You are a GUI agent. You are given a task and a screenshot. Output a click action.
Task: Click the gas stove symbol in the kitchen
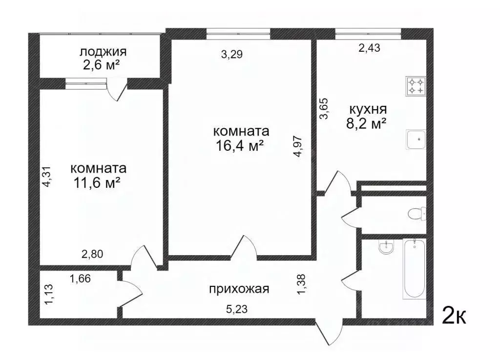point(415,86)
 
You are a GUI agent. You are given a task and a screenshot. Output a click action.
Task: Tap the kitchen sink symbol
point(416,140)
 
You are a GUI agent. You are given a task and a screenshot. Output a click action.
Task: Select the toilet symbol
point(417,214)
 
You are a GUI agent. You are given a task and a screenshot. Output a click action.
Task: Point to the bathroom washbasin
point(385,248)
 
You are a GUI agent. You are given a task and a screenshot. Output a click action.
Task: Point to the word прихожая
point(239,289)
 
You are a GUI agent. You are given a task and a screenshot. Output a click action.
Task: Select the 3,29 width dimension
point(232,55)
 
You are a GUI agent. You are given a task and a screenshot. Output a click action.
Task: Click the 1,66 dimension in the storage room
point(80,279)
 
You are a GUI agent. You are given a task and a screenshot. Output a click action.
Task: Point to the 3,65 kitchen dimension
point(323,109)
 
